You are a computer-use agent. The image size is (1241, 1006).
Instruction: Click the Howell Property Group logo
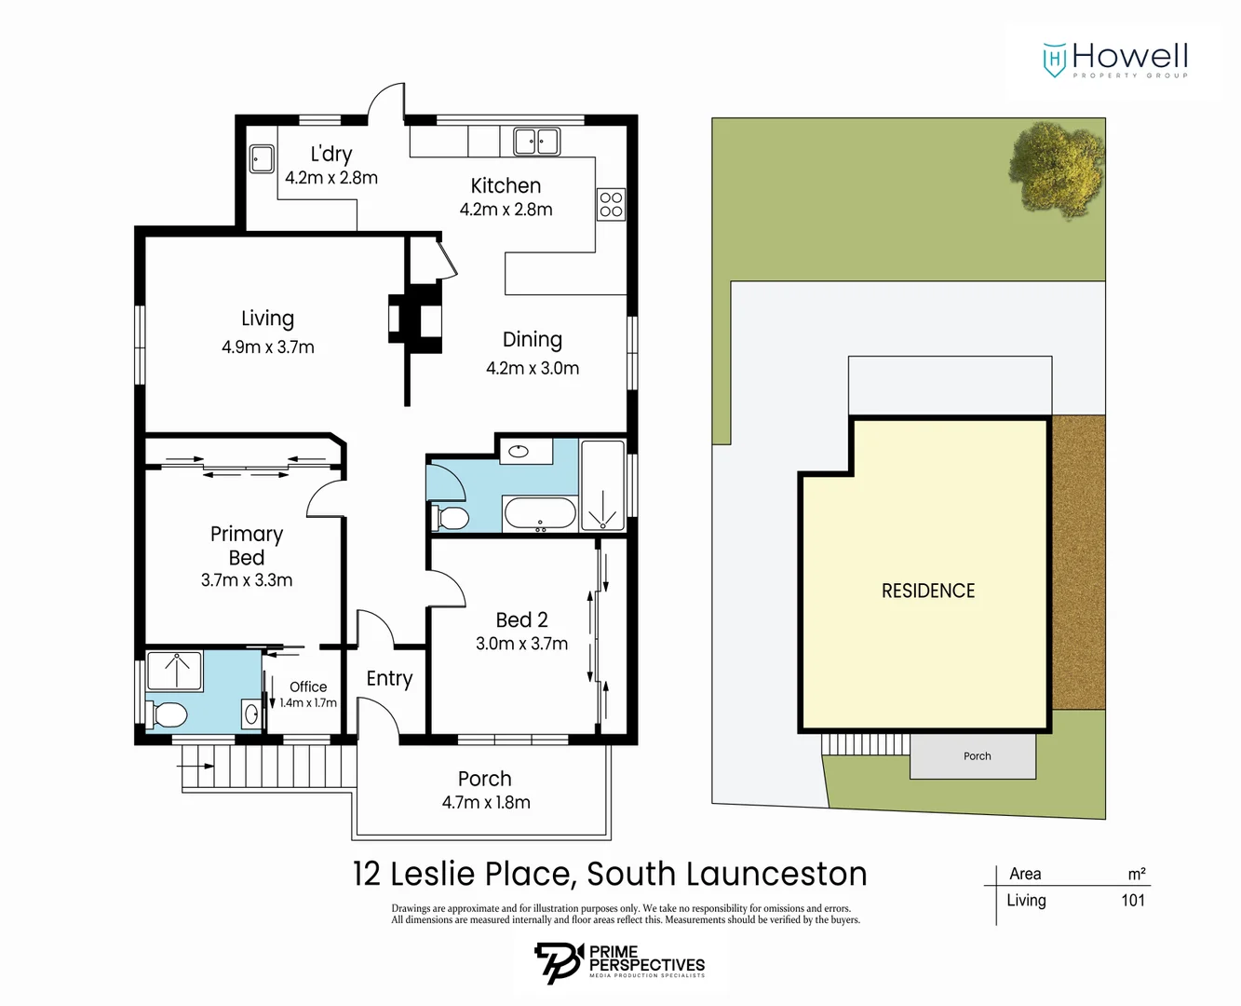(1115, 60)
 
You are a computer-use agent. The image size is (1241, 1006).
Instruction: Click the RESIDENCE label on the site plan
(927, 591)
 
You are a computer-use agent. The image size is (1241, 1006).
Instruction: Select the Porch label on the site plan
(977, 756)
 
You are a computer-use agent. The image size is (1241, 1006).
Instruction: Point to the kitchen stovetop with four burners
(611, 204)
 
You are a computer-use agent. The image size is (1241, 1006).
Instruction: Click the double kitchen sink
(536, 142)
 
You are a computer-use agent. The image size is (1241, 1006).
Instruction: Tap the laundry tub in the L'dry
(262, 158)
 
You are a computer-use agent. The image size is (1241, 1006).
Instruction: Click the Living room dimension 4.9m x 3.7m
(267, 347)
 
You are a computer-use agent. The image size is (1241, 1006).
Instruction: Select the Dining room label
(532, 340)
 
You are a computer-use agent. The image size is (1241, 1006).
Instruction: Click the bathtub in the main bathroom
(540, 513)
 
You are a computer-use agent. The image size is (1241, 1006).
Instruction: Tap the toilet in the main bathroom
(452, 517)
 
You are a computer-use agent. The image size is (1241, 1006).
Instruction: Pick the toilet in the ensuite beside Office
(168, 715)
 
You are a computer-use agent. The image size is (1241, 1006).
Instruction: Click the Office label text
(307, 687)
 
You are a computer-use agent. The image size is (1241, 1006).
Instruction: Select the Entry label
(389, 678)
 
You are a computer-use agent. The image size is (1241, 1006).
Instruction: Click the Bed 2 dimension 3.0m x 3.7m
(521, 644)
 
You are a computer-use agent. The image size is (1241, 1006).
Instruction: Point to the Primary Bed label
(247, 545)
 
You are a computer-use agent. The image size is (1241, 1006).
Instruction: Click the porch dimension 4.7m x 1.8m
(485, 803)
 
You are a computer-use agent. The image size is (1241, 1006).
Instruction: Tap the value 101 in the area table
(1132, 901)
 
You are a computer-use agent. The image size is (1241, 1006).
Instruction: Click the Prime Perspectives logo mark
(558, 962)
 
